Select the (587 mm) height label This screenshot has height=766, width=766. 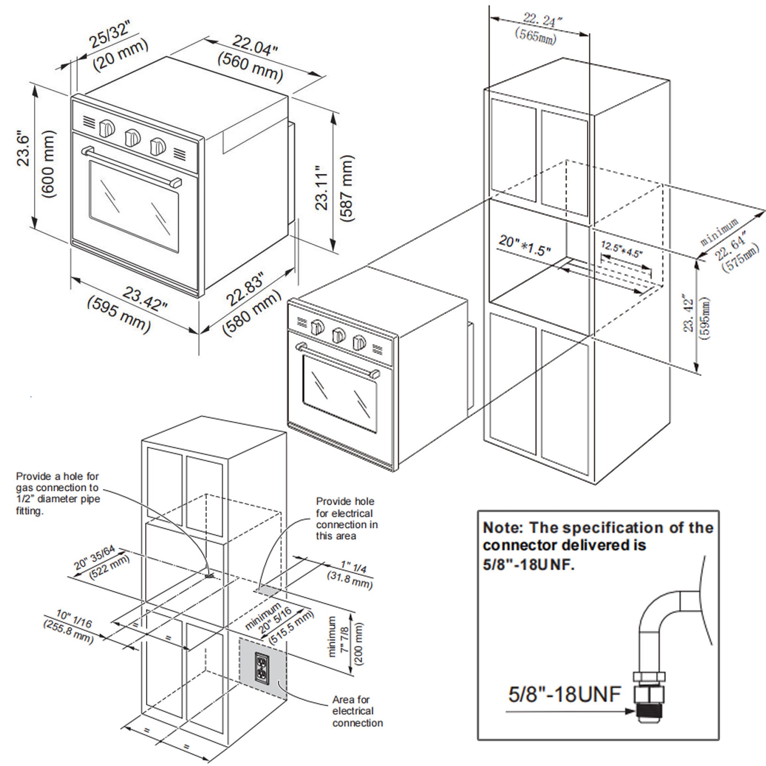click(346, 188)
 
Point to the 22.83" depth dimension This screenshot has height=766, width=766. click(245, 290)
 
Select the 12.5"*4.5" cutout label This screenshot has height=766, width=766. click(622, 249)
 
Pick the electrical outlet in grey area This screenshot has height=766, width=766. click(262, 668)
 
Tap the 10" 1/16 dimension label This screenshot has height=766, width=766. click(74, 619)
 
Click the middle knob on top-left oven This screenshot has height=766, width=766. click(133, 137)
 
